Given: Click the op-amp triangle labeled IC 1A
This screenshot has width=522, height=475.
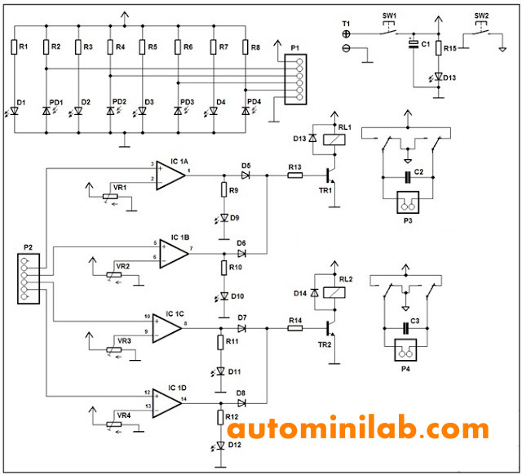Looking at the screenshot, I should (x=169, y=172).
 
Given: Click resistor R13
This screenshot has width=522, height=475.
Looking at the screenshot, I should (x=294, y=175).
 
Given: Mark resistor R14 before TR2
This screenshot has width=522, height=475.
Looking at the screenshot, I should (x=294, y=328).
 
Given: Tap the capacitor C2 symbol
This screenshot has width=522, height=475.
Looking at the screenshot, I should (x=407, y=175).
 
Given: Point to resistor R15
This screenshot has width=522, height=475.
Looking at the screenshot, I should (x=439, y=49).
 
